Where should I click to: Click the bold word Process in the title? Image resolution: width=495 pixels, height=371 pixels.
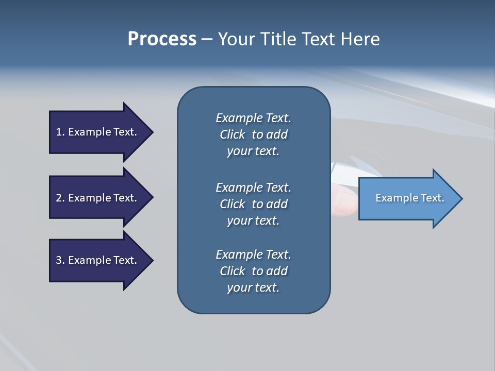click(162, 39)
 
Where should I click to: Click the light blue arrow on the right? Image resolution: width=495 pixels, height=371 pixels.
click(407, 198)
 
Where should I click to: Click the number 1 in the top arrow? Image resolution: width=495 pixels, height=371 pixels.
click(59, 132)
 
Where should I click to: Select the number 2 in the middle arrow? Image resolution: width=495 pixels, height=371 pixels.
click(59, 198)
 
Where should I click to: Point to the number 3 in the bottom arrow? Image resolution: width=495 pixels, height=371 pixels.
click(59, 260)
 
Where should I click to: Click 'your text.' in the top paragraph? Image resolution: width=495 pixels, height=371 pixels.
click(253, 151)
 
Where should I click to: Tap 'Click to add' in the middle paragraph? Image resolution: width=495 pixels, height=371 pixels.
click(253, 204)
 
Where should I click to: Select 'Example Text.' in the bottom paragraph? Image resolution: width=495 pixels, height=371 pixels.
click(253, 255)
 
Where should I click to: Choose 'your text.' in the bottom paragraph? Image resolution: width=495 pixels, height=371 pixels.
click(253, 288)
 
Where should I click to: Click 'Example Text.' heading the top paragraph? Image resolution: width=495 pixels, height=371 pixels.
click(253, 118)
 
